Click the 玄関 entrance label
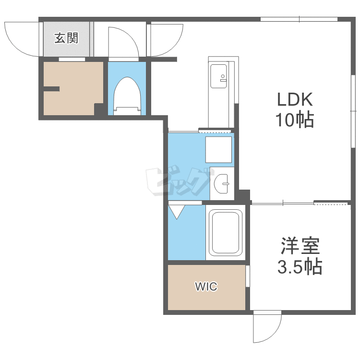click(x=66, y=38)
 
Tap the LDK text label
click(x=295, y=99)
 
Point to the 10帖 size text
click(x=295, y=120)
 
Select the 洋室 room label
click(x=300, y=246)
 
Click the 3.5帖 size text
click(x=300, y=266)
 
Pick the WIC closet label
click(x=206, y=287)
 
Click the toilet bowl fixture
click(x=127, y=96)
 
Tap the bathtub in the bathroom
click(x=226, y=232)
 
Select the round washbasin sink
click(x=222, y=183)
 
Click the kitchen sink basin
click(x=218, y=76)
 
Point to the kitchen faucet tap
click(x=223, y=78)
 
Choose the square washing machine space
click(x=218, y=150)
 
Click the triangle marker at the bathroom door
click(x=177, y=212)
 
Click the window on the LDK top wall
click(x=299, y=19)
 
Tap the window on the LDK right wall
click(x=353, y=111)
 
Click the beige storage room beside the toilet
click(x=73, y=88)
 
